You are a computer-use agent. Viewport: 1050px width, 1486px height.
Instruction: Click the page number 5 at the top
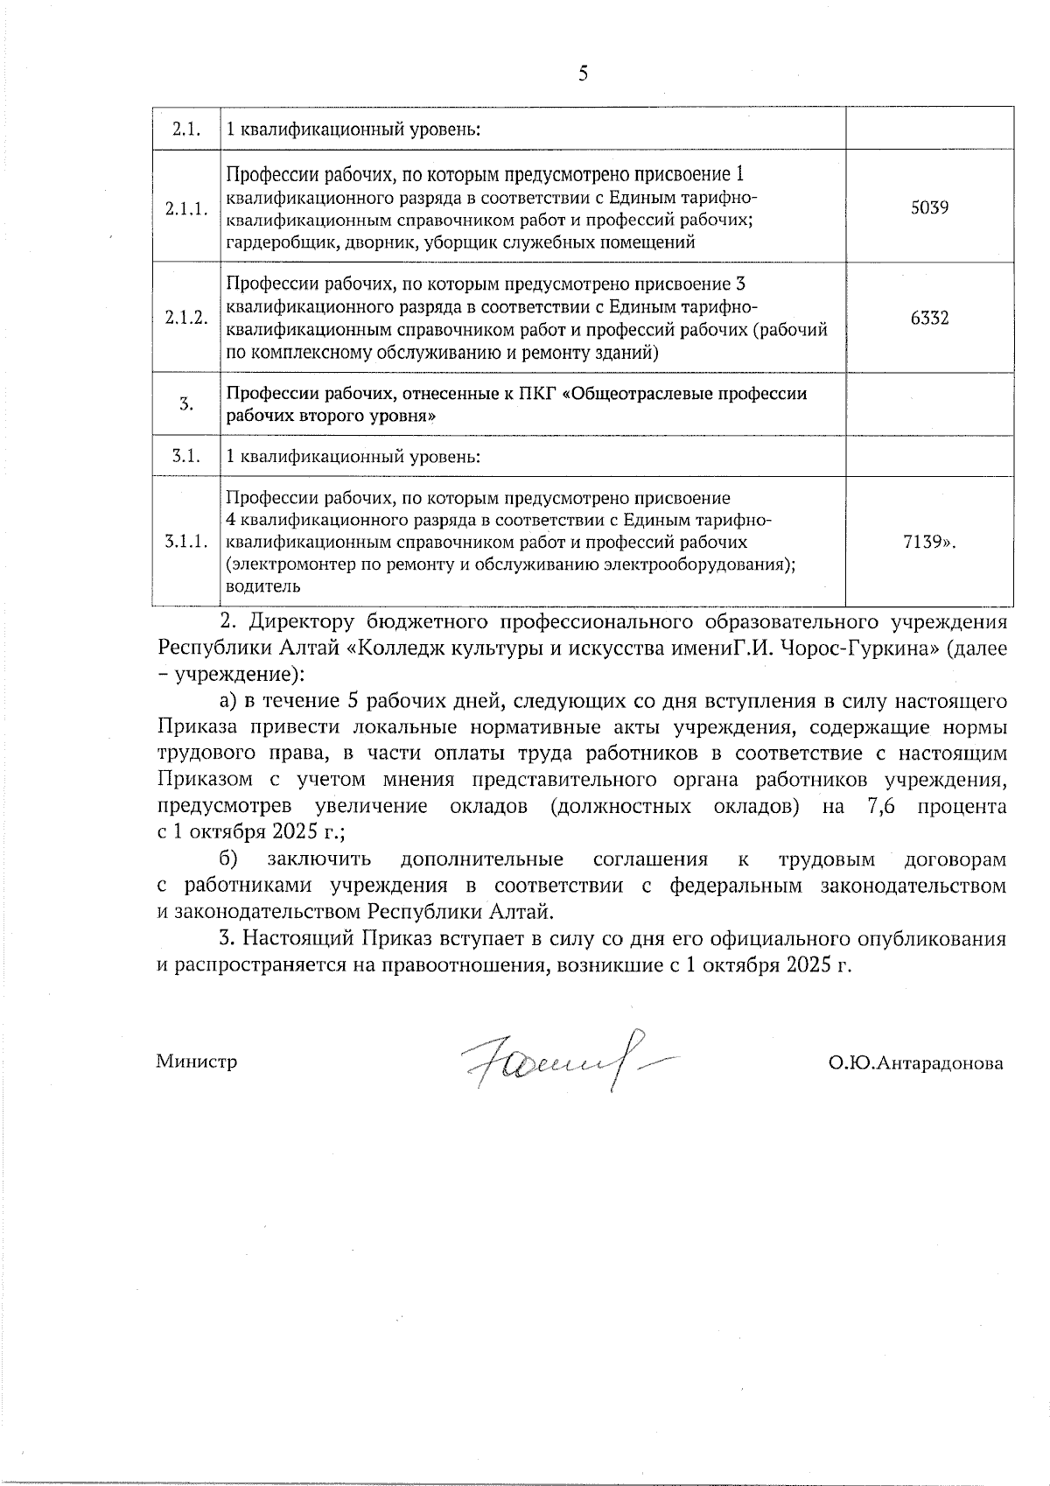pyautogui.click(x=584, y=74)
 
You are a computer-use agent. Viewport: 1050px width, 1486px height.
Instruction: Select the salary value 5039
pyautogui.click(x=930, y=208)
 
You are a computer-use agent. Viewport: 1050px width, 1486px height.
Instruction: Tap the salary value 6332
pyautogui.click(x=929, y=319)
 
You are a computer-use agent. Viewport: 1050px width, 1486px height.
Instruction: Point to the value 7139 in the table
pyautogui.click(x=925, y=543)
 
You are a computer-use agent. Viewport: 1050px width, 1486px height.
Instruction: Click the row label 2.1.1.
pyautogui.click(x=186, y=208)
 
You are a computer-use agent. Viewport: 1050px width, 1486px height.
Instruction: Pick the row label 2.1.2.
pyautogui.click(x=186, y=319)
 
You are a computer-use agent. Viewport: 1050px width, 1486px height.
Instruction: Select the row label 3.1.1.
pyautogui.click(x=186, y=543)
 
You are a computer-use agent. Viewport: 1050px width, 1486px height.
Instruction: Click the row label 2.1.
pyautogui.click(x=186, y=130)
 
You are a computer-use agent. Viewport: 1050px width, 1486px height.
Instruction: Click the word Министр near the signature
pyautogui.click(x=197, y=1062)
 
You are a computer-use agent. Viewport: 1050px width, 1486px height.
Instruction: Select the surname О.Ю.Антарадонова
pyautogui.click(x=916, y=1063)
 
